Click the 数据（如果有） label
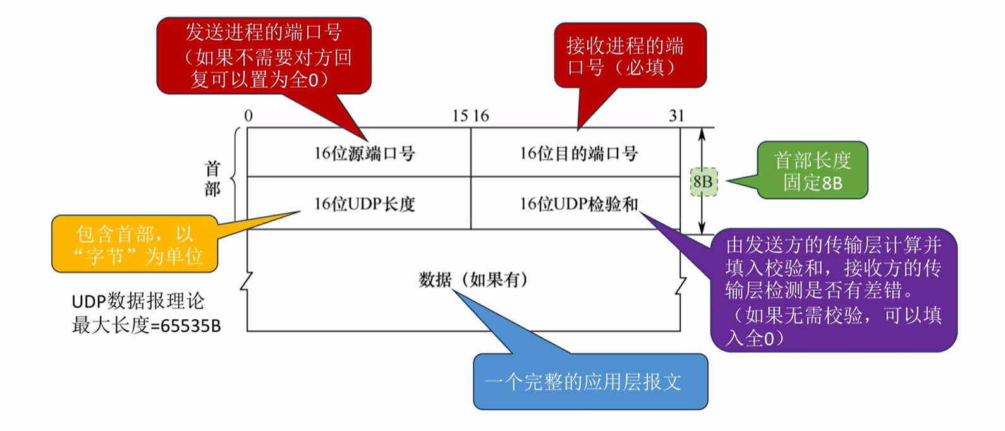pos(473,280)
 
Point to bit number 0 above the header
pos(248,116)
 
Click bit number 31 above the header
pos(676,116)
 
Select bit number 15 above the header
pos(460,116)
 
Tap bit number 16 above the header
pos(481,116)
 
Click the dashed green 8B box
pos(703,181)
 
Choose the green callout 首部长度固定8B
pos(812,171)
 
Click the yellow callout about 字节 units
pos(135,244)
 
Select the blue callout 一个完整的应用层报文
pos(590,381)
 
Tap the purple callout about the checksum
pos(834,290)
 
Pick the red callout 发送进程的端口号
pos(264,56)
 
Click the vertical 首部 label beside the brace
pos(212,179)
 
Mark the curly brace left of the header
pos(235,178)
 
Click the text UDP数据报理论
pos(138,301)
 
